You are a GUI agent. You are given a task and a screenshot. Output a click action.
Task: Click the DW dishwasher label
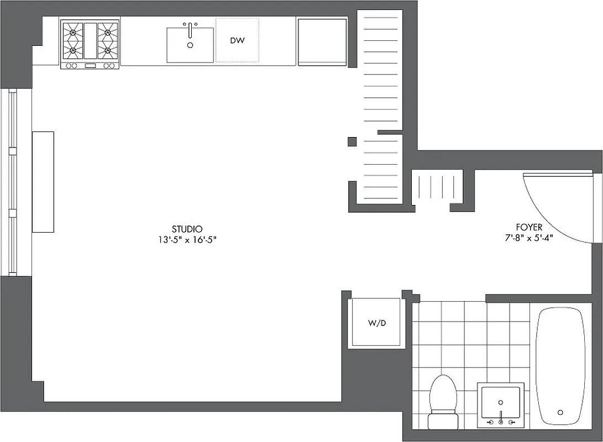pos(237,40)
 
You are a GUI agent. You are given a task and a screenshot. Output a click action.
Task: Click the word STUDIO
pos(187,229)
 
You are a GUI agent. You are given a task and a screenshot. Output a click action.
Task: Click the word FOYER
pos(529,227)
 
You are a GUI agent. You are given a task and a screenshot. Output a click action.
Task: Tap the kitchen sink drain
pos(190,45)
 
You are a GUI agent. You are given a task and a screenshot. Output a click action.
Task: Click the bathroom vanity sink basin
pos(501,401)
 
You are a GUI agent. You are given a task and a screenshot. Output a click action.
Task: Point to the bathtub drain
pos(560,412)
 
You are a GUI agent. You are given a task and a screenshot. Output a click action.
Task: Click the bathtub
pos(560,365)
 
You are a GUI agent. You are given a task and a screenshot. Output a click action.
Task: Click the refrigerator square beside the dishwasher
pos(323,41)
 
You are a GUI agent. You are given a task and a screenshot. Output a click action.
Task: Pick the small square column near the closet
pos(352,141)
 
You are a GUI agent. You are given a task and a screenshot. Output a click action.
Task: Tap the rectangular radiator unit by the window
pos(43,182)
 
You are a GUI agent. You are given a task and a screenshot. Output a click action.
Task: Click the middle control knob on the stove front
pos(90,66)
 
